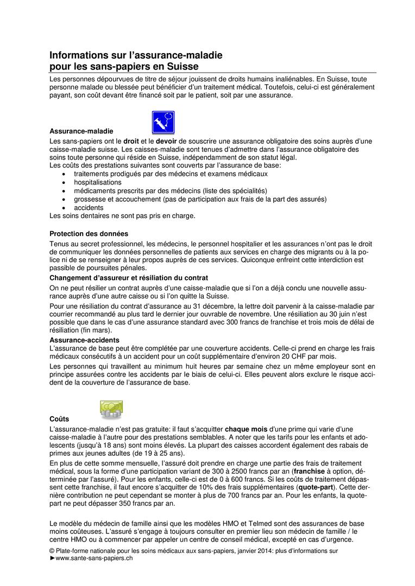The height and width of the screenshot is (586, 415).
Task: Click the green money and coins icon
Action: tap(111, 409)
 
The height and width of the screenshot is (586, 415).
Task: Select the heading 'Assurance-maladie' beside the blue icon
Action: tap(81, 131)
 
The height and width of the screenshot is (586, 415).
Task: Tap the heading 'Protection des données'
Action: tap(89, 234)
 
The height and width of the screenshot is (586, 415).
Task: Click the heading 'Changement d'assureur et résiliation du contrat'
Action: tap(129, 277)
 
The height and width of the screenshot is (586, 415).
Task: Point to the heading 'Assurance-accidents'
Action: tap(84, 340)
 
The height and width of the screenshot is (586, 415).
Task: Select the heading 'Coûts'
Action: tap(59, 419)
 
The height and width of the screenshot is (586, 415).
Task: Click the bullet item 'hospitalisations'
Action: tap(98, 182)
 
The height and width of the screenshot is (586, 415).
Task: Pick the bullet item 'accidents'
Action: tap(89, 207)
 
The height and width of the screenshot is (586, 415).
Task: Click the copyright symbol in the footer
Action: tap(52, 551)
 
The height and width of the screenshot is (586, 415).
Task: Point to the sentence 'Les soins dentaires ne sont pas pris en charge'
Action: tap(122, 215)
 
